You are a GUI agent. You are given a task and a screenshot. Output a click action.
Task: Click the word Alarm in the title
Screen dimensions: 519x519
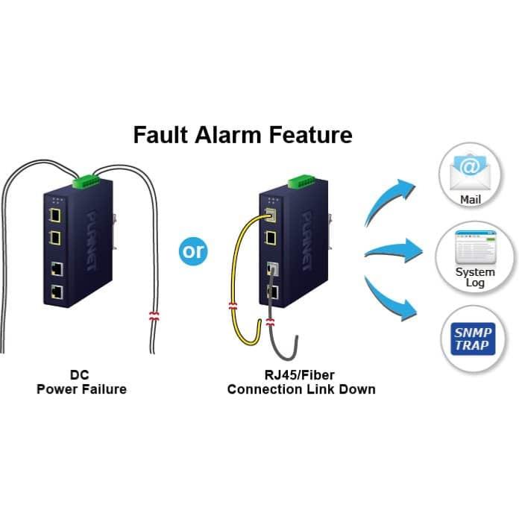pyautogui.click(x=228, y=135)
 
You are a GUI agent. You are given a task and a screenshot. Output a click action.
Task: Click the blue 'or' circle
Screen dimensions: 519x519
pyautogui.click(x=193, y=251)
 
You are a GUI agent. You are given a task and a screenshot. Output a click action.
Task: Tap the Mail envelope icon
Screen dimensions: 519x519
pyautogui.click(x=471, y=172)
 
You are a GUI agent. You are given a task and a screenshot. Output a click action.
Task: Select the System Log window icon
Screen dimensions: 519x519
pyautogui.click(x=475, y=248)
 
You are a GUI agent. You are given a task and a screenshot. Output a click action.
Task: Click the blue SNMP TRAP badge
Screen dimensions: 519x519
pyautogui.click(x=474, y=339)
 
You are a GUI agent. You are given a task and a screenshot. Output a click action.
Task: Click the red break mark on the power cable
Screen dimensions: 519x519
pyautogui.click(x=154, y=317)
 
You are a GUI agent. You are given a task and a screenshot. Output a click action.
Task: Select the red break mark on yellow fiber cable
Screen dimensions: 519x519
pyautogui.click(x=233, y=306)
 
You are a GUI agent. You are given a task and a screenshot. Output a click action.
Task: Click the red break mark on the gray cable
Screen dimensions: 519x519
pyautogui.click(x=270, y=322)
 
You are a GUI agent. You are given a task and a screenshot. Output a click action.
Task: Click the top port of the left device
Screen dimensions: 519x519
pyautogui.click(x=54, y=216)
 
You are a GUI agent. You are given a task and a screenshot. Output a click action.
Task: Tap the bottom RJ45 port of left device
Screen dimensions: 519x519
pyautogui.click(x=57, y=292)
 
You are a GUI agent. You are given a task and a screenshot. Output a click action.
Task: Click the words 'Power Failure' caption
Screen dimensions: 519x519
pyautogui.click(x=81, y=389)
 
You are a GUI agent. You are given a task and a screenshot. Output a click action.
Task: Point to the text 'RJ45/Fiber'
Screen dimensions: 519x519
pyautogui.click(x=300, y=375)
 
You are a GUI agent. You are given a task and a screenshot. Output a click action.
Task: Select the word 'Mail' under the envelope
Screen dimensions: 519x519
pyautogui.click(x=471, y=200)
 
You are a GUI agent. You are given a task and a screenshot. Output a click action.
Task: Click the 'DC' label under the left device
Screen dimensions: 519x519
pyautogui.click(x=80, y=375)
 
